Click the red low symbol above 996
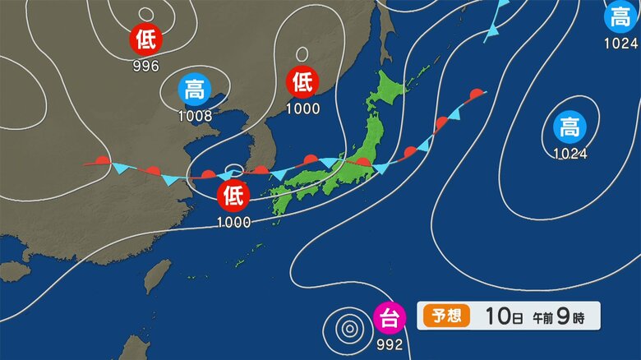146,39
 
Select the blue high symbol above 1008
195,89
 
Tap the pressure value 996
146,66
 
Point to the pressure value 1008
195,116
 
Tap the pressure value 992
389,344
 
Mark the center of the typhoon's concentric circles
350,330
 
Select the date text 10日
500,316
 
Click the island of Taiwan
158,277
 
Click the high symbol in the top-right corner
620,16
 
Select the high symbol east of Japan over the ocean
569,127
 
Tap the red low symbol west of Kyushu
233,196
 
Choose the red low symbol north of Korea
302,81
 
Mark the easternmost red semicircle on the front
475,95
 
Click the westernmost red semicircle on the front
102,161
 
